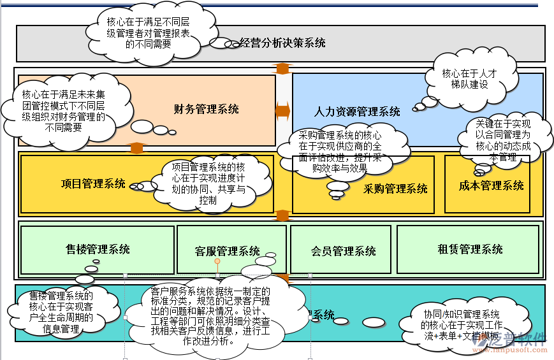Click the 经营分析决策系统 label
[x=282, y=43]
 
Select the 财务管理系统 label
[x=207, y=109]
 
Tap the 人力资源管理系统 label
[x=357, y=112]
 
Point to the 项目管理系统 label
[x=93, y=184]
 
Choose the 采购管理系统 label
[x=395, y=189]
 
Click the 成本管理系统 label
[x=491, y=185]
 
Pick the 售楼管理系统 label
[x=98, y=248]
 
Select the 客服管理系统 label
[x=227, y=251]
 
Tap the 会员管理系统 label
[x=343, y=251]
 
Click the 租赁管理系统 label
[x=470, y=249]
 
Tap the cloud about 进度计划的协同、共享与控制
[x=208, y=183]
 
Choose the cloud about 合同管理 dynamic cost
[x=502, y=140]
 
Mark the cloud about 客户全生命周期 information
[x=61, y=312]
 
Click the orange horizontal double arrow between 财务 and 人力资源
[x=282, y=111]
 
